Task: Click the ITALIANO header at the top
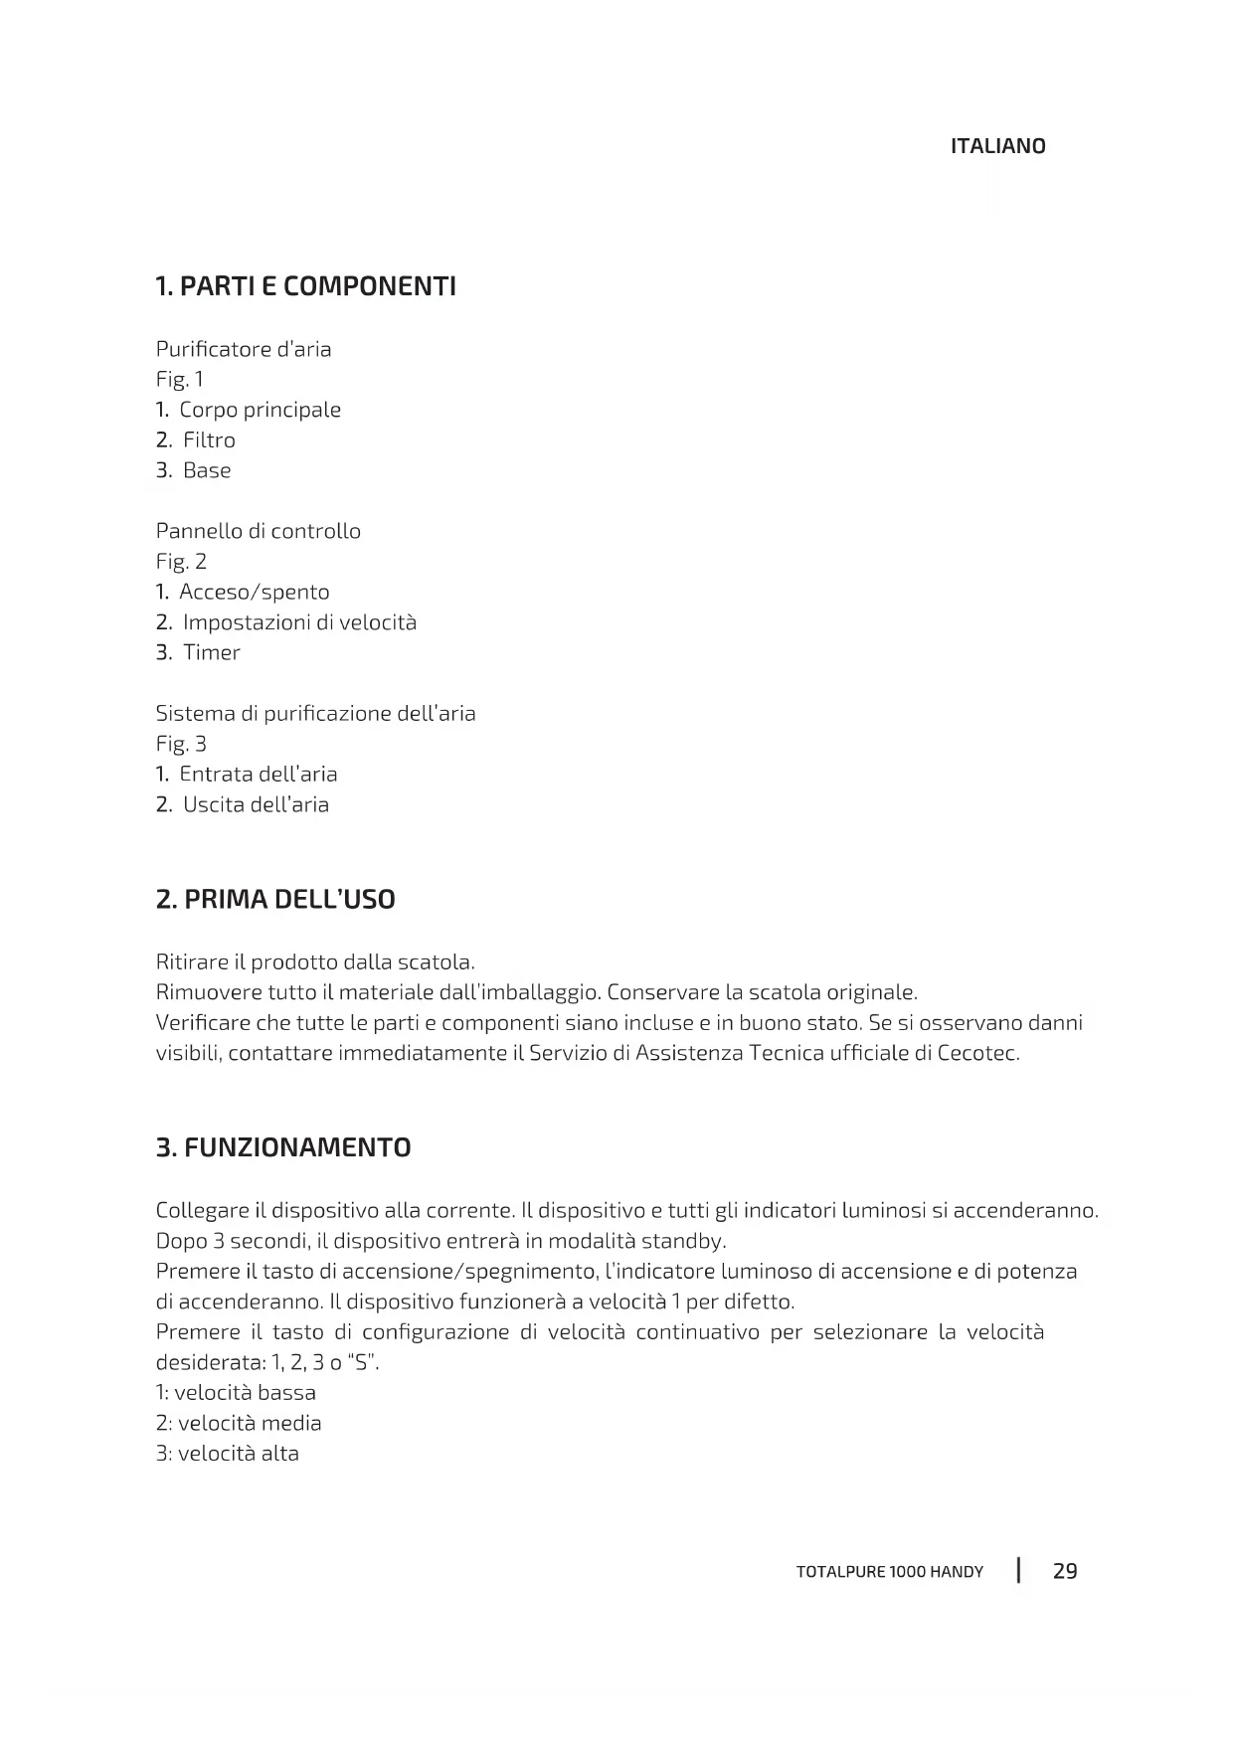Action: click(x=997, y=146)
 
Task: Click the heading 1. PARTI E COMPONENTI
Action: click(x=306, y=287)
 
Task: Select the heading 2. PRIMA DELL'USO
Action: click(x=275, y=900)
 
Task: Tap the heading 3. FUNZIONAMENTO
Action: click(x=283, y=1148)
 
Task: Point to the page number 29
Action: click(x=1065, y=1571)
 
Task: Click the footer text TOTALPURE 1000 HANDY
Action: click(x=889, y=1572)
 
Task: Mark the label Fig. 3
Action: click(x=181, y=744)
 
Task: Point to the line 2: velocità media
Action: click(x=239, y=1423)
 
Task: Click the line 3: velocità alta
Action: click(x=228, y=1454)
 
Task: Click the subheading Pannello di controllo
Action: click(x=259, y=531)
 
